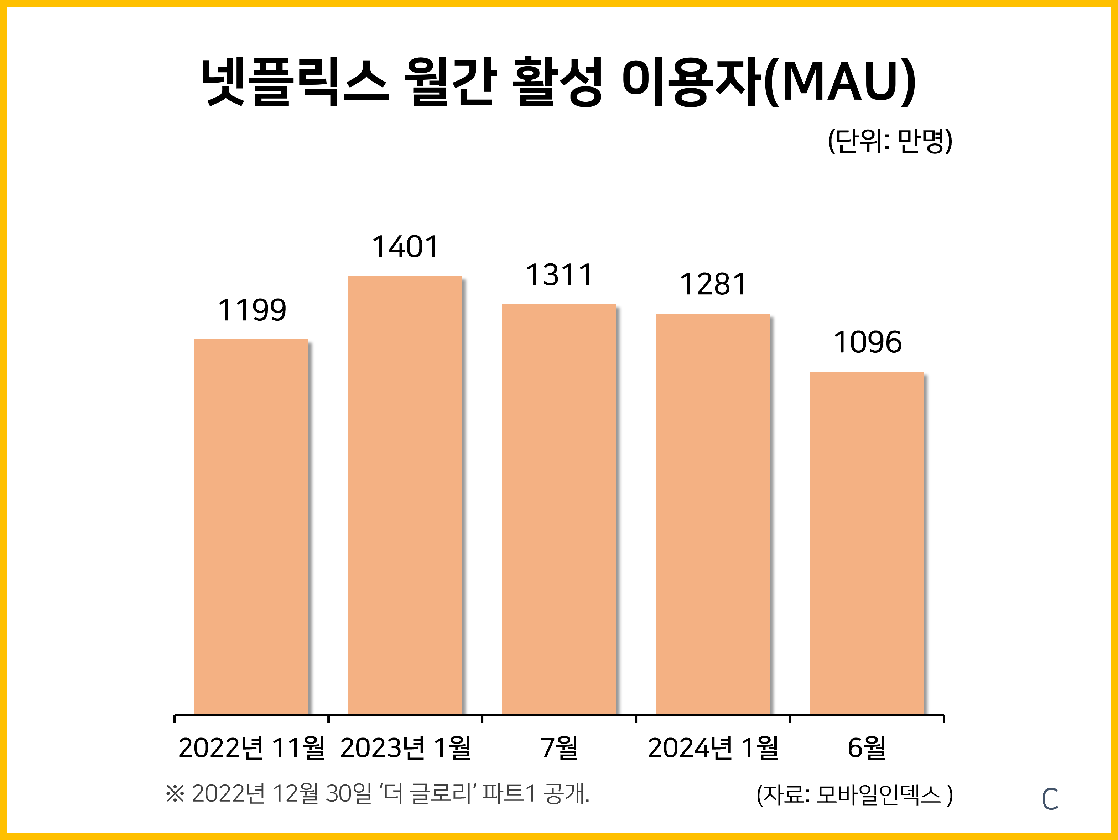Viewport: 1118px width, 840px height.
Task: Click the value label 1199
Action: (x=252, y=310)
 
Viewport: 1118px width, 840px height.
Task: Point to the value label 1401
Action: (x=405, y=247)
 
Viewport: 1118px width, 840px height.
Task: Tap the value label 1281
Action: (x=713, y=284)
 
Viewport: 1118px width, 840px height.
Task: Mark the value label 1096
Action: (x=867, y=342)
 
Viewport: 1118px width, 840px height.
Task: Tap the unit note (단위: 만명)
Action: (x=890, y=141)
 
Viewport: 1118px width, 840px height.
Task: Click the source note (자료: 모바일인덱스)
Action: (x=854, y=794)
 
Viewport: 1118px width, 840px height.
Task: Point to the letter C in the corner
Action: (x=1050, y=799)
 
